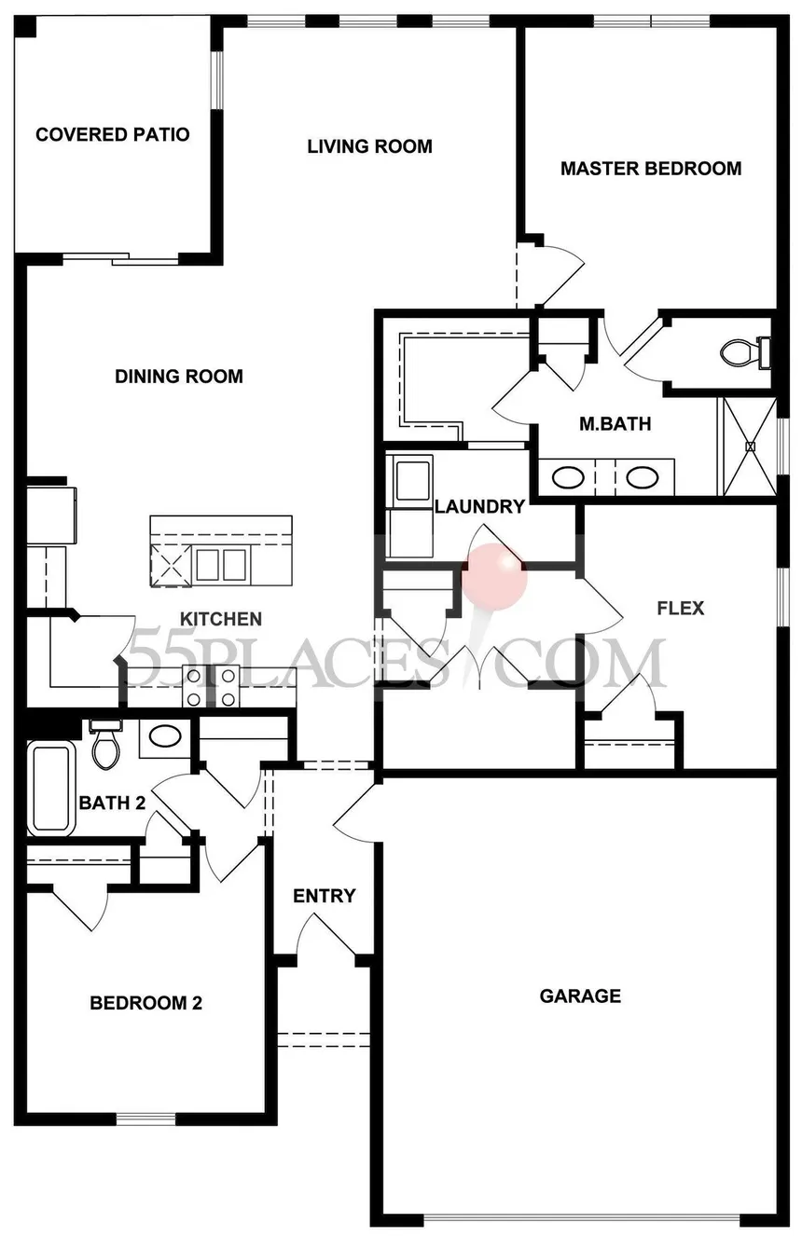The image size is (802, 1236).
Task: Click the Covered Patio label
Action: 112,135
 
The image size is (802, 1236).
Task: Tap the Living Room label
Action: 369,146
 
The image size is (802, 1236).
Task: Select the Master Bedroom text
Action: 650,169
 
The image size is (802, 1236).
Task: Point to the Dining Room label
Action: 178,377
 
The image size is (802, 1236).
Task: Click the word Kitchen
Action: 220,619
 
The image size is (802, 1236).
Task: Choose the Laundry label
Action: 479,507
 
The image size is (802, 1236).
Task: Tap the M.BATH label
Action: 615,424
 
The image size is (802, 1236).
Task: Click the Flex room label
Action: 680,610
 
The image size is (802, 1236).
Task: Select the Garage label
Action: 580,996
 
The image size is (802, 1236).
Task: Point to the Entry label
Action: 324,896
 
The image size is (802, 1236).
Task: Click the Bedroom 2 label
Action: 145,1004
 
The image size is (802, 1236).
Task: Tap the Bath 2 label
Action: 112,803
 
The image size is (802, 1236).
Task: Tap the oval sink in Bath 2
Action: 166,737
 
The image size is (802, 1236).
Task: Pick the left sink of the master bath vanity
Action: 567,478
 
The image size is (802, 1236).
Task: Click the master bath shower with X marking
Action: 748,446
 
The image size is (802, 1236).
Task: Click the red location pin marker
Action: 495,575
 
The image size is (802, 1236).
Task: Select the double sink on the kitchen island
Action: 221,564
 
